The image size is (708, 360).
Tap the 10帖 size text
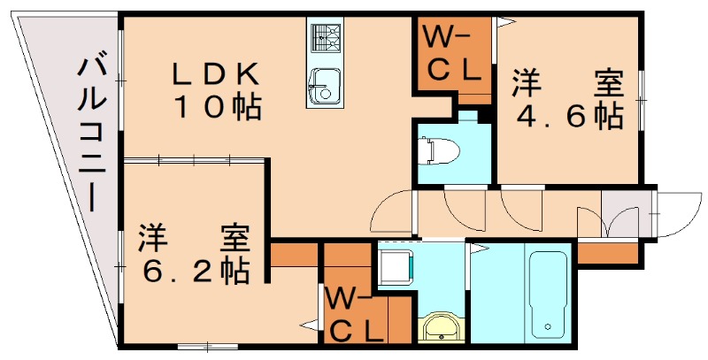coord(215,108)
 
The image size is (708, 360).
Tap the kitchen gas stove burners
coord(325,37)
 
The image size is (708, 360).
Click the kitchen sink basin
coord(324,87)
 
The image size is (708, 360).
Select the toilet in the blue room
coord(435,150)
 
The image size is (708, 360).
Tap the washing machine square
coord(395,265)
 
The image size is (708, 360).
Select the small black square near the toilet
coord(483,115)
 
